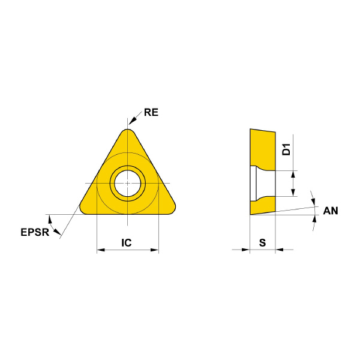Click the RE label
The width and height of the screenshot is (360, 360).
[x=151, y=112]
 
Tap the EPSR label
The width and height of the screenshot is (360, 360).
[x=35, y=232]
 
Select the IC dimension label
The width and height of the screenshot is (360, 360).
[x=127, y=242]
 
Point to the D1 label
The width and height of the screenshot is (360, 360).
[x=286, y=149]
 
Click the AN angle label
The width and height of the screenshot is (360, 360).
[x=331, y=211]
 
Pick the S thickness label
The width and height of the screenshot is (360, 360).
[x=262, y=242]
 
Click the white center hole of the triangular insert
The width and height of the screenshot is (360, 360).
[x=128, y=183]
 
